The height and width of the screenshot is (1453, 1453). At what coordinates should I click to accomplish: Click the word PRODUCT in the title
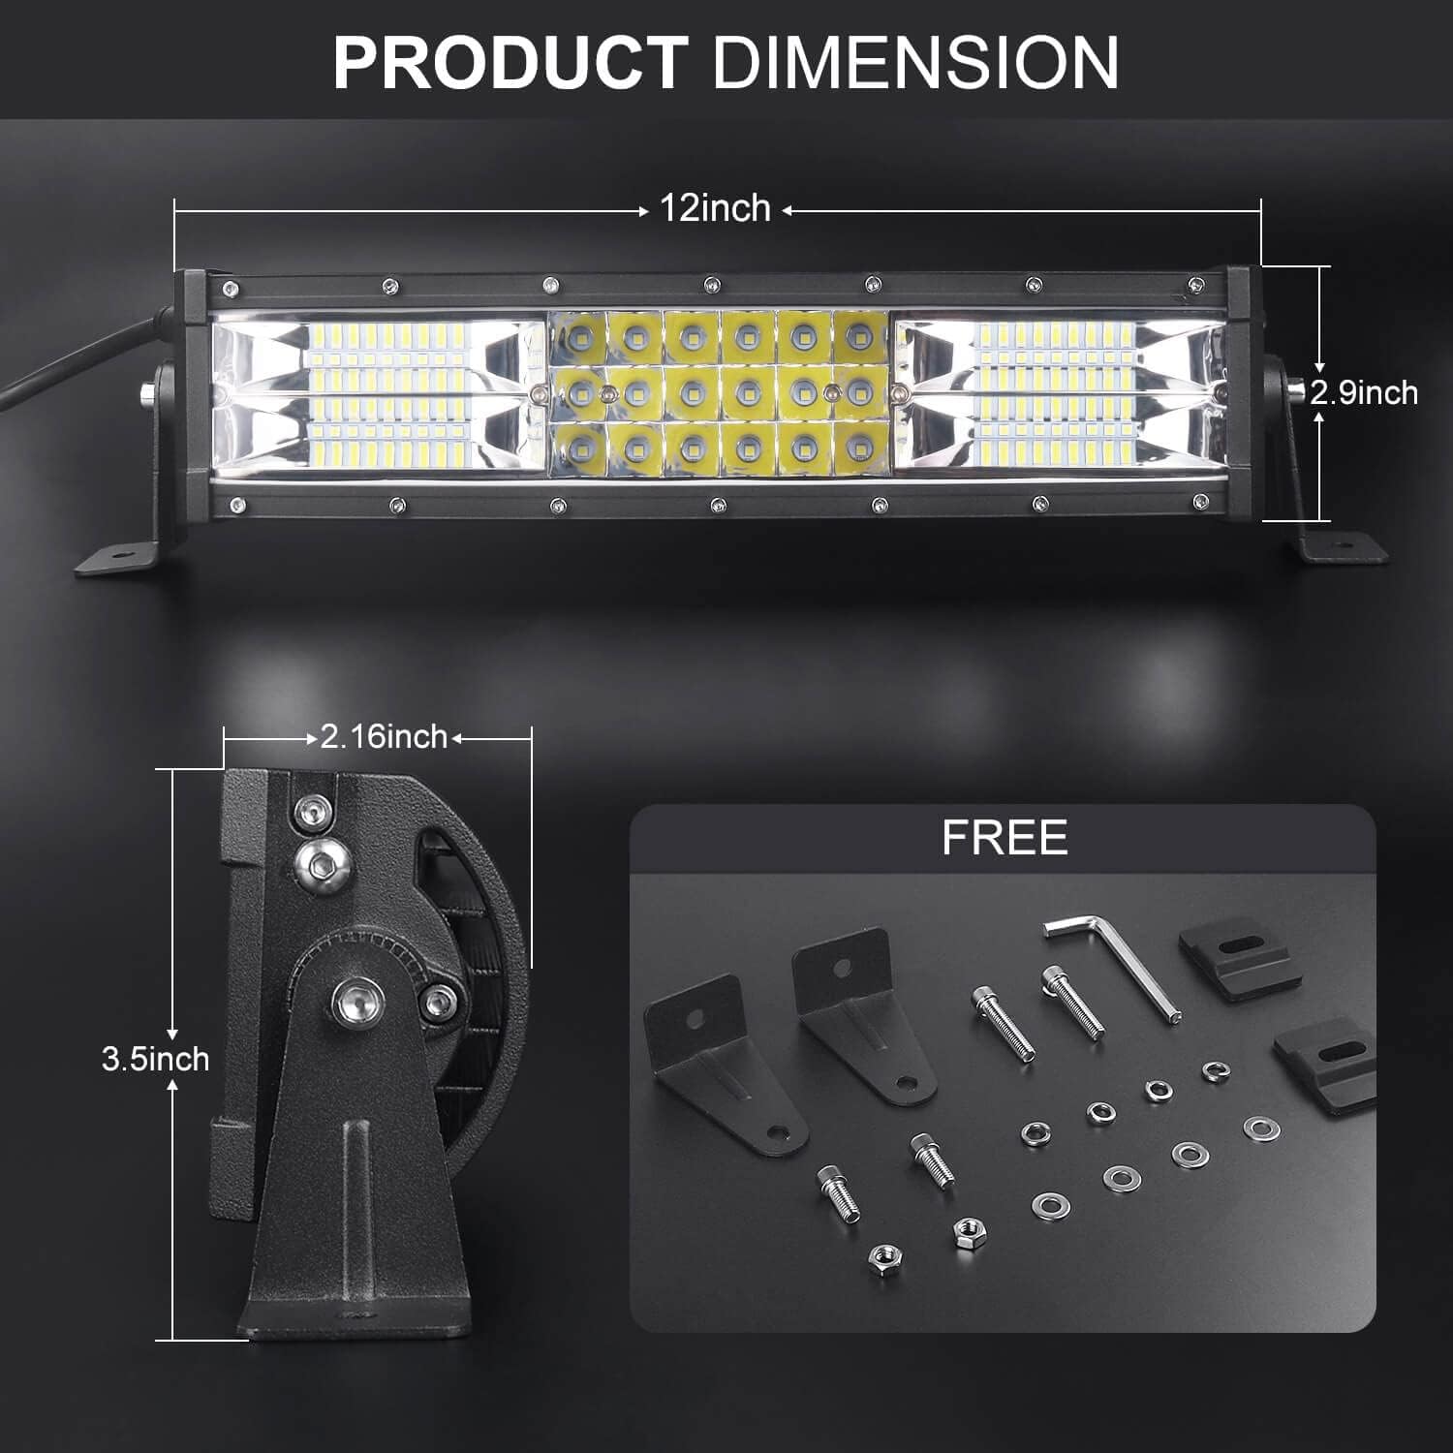[510, 63]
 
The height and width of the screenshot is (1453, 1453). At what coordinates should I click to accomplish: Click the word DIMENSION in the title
[915, 63]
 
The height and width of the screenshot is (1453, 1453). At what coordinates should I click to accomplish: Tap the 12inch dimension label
[715, 208]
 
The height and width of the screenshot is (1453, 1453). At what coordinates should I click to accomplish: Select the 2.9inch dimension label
[1364, 392]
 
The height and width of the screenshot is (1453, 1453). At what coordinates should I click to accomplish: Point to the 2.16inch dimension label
[384, 737]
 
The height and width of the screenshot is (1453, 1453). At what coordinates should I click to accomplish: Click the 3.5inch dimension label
[155, 1059]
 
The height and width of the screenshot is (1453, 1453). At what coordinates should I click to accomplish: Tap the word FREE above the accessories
[1005, 838]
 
